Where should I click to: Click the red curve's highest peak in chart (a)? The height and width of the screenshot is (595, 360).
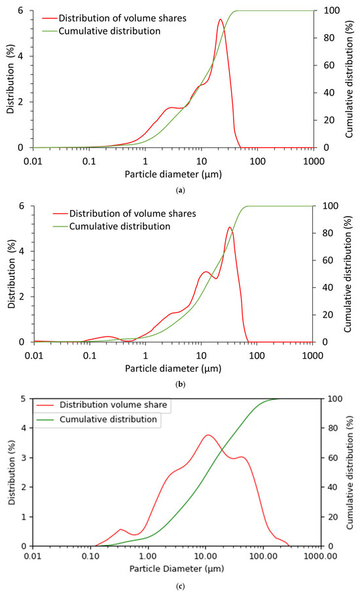point(220,20)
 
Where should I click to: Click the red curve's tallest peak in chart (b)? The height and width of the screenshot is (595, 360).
point(230,227)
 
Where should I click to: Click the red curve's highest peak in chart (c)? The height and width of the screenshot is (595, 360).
point(208,435)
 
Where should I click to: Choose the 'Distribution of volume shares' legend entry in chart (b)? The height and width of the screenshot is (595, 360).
point(125,213)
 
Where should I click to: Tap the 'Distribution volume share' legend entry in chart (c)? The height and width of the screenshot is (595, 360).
point(101,405)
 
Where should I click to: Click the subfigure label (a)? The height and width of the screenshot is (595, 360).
point(180,190)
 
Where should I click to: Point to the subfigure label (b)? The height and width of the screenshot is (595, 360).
point(180,384)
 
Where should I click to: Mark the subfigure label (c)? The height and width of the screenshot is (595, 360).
point(180,586)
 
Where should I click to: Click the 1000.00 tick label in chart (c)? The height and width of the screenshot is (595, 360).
point(321,556)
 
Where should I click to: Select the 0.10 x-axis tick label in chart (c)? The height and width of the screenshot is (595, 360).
point(90,556)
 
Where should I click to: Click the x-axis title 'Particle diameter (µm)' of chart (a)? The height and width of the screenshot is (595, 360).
point(173,174)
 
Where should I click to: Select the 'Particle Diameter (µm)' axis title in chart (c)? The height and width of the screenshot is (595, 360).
point(177,568)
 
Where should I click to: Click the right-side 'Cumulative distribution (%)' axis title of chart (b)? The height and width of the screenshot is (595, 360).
point(348,274)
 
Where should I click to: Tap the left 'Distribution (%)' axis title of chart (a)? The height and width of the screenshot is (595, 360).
point(10,79)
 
